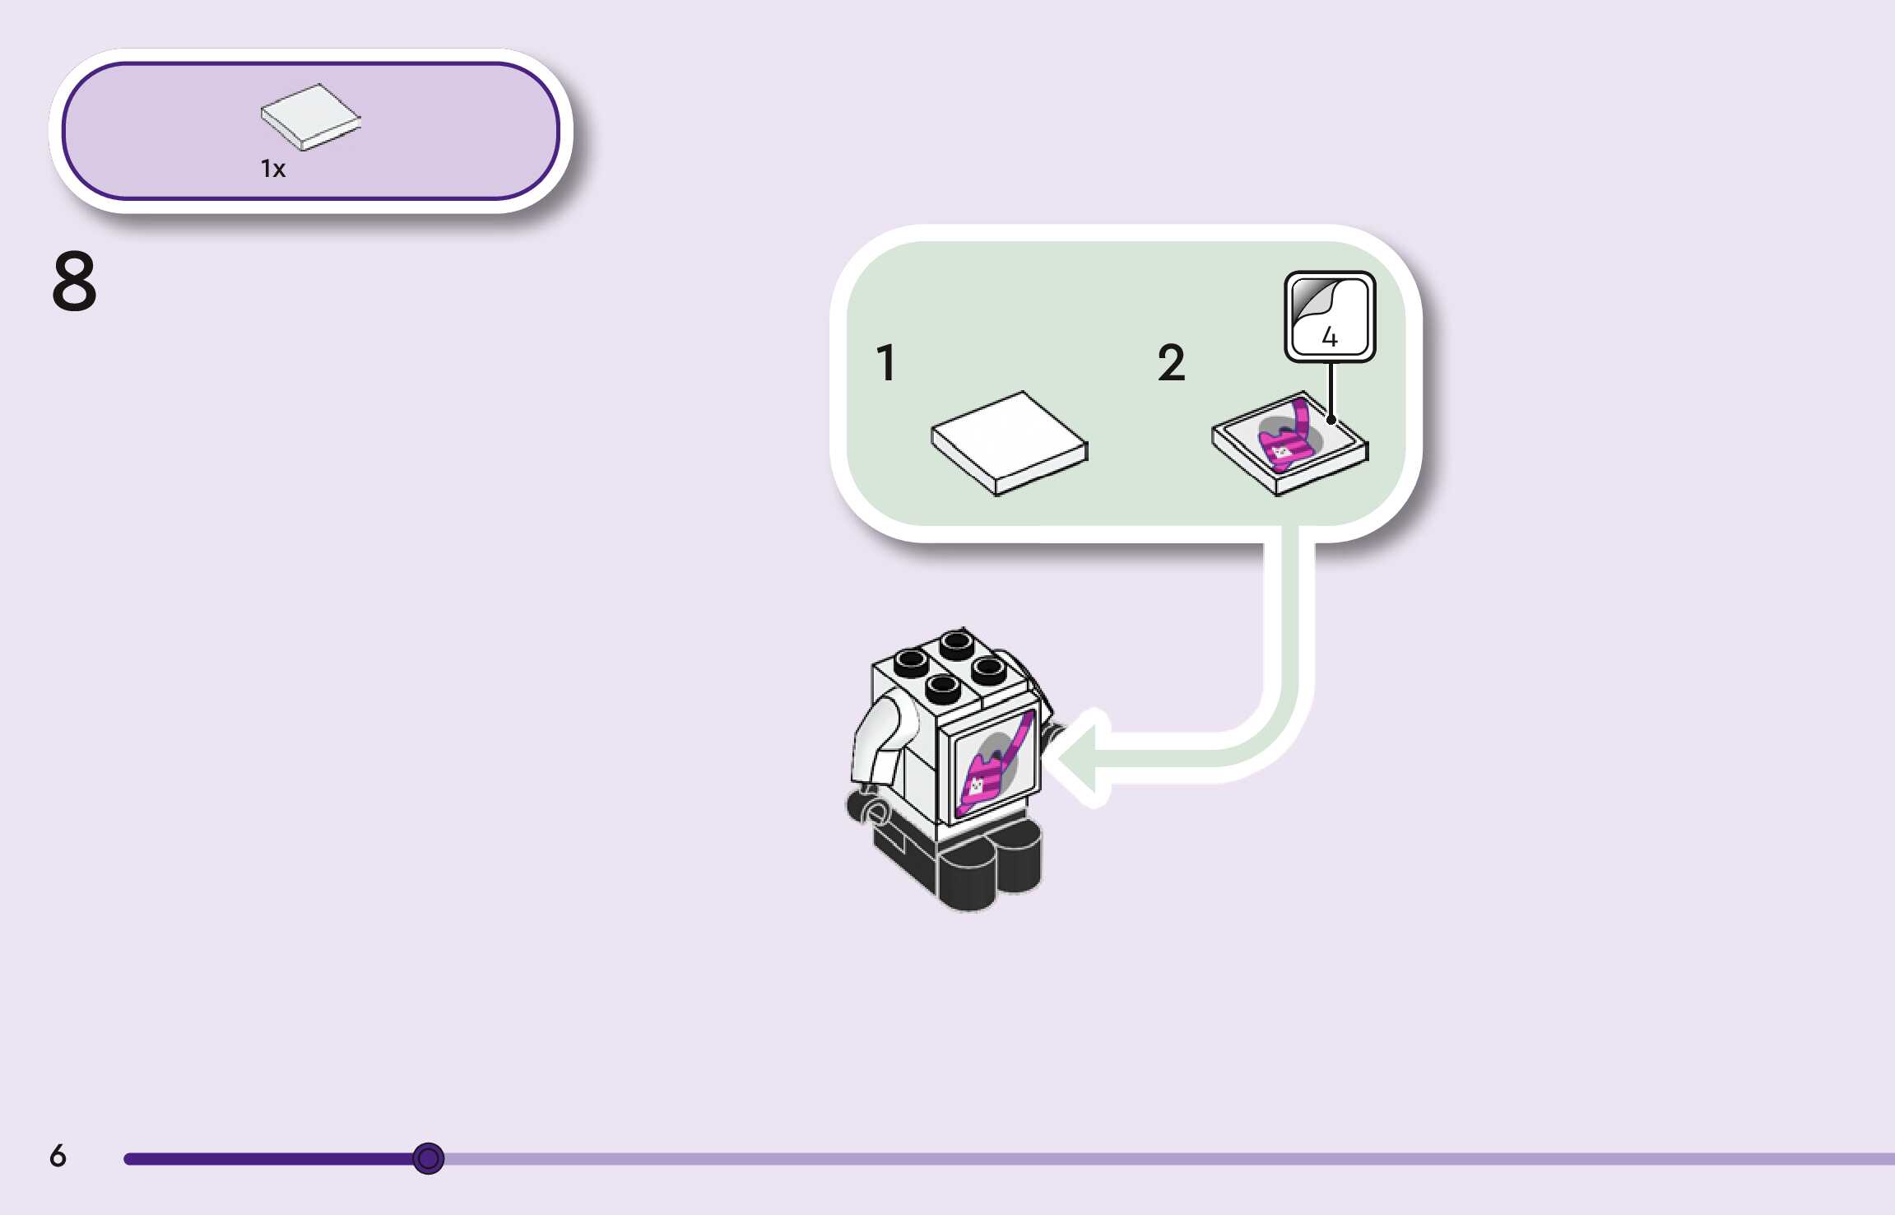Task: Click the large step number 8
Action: click(x=74, y=282)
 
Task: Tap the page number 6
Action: click(x=58, y=1156)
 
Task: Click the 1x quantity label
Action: click(x=273, y=169)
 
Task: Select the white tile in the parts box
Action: click(x=310, y=116)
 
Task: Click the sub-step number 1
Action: click(x=886, y=363)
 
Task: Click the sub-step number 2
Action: click(x=1172, y=363)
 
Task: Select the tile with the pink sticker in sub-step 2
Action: click(x=1289, y=443)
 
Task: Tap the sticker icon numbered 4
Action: click(x=1330, y=317)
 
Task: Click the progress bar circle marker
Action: click(x=428, y=1158)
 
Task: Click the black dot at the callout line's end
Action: click(x=1331, y=420)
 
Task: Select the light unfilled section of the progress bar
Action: click(x=1152, y=1159)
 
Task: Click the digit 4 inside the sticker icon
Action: click(x=1330, y=336)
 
